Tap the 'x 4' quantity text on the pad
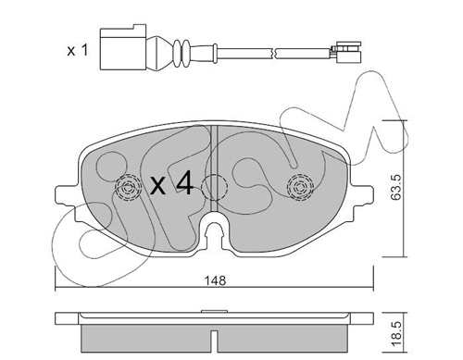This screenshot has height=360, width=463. [171, 185]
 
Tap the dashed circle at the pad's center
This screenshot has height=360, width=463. [214, 187]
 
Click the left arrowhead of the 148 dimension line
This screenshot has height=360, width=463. [58, 287]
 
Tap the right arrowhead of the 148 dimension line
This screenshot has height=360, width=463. [369, 287]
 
